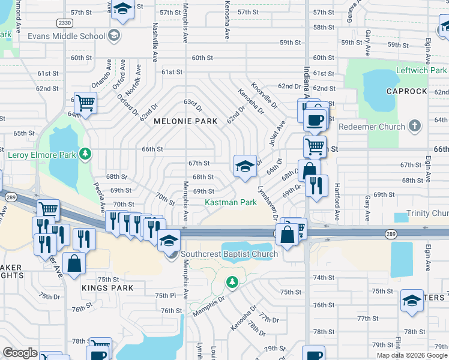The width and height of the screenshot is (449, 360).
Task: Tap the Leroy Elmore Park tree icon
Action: (86, 154)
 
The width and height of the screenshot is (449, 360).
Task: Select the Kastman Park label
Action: (231, 203)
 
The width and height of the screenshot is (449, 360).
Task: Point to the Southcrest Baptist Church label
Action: (229, 254)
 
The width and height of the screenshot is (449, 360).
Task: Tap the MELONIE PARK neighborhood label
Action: (185, 121)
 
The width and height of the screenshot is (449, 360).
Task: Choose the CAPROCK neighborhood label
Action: (406, 91)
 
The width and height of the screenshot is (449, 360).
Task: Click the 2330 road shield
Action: (65, 23)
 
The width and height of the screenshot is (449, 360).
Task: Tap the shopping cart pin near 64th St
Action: (85, 103)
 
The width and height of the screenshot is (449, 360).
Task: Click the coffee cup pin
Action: (313, 119)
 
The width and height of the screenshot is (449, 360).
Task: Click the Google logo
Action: (20, 353)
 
